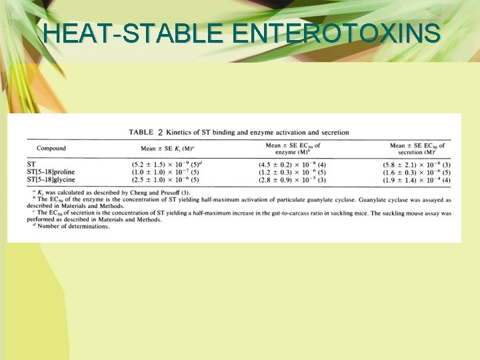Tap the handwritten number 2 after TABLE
tap(159, 132)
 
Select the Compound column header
tap(51, 148)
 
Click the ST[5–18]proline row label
tap(51, 172)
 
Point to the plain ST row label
tap(31, 164)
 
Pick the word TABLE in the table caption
tap(141, 133)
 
